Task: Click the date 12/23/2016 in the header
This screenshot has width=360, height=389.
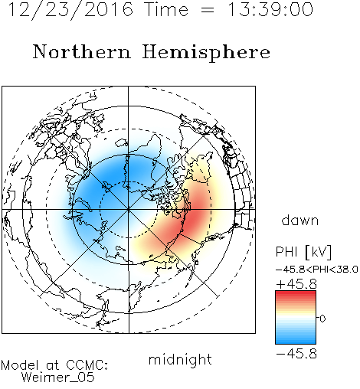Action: tap(70, 10)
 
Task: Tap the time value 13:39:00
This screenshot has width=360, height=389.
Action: tap(270, 9)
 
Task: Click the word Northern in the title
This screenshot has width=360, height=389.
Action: tap(82, 51)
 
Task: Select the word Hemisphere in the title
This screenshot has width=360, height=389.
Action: tap(206, 53)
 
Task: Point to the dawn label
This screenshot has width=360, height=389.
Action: tap(300, 220)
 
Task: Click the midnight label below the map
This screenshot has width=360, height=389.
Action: tap(180, 359)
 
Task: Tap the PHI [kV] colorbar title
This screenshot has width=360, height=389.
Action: tap(303, 252)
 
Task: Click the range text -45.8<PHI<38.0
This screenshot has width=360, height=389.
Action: tap(317, 270)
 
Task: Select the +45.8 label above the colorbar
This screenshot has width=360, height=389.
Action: tap(296, 284)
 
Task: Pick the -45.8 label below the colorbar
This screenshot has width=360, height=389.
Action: tap(296, 354)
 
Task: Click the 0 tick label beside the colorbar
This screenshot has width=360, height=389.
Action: tap(322, 319)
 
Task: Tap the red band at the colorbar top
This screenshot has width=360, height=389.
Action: tap(296, 294)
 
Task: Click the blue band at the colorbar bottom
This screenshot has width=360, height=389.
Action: tap(296, 340)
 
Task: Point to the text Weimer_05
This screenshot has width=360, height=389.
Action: tap(58, 378)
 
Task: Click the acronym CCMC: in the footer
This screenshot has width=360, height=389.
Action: tap(87, 365)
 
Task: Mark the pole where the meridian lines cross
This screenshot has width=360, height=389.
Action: tap(129, 210)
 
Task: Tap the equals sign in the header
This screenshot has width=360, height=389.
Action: tap(207, 11)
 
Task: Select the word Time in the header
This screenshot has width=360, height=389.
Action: tap(166, 9)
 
